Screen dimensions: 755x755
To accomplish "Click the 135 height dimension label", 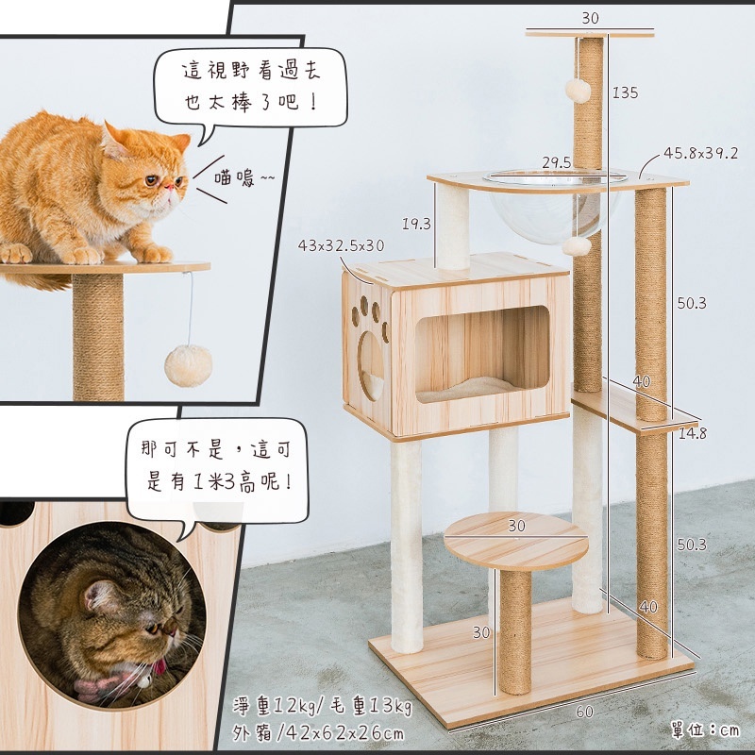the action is coord(625,92).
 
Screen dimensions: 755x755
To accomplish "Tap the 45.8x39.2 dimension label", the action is coord(700,153).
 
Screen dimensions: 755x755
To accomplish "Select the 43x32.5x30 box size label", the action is coord(341,245).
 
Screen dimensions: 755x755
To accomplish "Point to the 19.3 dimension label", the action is coord(416,224).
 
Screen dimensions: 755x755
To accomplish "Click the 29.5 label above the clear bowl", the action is coord(556,162).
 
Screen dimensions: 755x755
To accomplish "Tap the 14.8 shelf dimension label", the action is coord(693,433).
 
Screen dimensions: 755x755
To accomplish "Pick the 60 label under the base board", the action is coord(584,712).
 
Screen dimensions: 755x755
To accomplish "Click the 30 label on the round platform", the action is coord(516,526).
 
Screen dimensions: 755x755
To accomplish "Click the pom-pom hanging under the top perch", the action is coord(578,91).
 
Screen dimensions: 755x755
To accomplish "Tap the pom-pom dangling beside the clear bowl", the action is coord(577,246).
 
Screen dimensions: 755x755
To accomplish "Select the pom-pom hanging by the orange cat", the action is coord(188,365).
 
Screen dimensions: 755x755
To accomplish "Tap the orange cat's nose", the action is coord(168,186).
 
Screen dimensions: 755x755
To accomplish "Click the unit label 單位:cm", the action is coord(705,730).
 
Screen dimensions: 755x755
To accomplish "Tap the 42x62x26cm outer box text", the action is coord(345,733).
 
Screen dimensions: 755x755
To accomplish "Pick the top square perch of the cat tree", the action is coord(590,34).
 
